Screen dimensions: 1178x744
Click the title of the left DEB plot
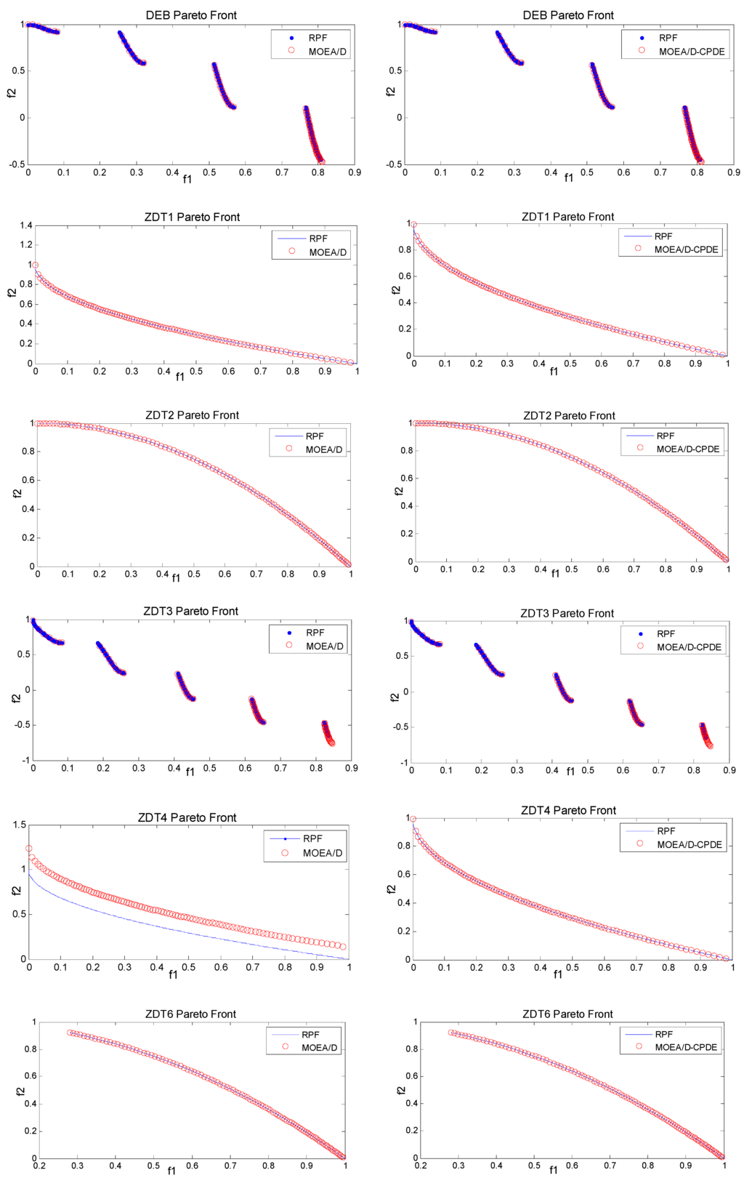click(191, 15)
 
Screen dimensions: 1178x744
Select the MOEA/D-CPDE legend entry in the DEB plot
click(691, 52)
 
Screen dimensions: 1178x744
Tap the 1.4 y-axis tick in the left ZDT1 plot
click(26, 225)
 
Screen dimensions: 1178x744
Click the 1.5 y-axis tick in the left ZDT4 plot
click(20, 825)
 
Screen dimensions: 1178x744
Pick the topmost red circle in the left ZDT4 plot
click(29, 849)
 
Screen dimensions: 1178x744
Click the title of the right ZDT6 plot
click(567, 1014)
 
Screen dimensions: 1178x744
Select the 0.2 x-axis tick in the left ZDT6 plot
click(39, 1166)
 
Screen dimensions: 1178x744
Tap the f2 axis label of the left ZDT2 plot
click(17, 494)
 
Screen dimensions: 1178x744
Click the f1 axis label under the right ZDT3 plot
click(570, 772)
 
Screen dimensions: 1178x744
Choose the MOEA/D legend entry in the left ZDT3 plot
click(324, 646)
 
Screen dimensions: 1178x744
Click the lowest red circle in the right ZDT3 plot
click(710, 745)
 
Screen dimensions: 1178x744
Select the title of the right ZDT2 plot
click(569, 416)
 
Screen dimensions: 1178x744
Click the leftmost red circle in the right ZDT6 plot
click(451, 1033)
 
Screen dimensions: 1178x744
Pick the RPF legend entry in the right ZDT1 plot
click(663, 236)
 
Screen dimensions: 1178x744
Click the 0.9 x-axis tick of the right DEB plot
click(734, 172)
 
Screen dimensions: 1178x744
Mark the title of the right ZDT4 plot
click(568, 810)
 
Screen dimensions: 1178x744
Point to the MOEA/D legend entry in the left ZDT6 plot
click(319, 1047)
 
